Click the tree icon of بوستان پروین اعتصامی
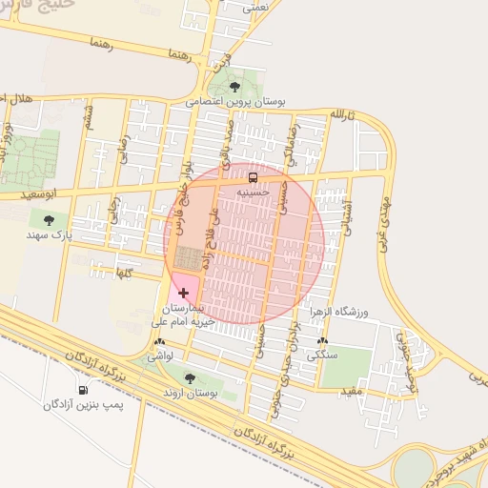235,87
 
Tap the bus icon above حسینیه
253,178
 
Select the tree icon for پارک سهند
49,219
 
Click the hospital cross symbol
183,293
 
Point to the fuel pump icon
83,390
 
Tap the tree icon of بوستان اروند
188,378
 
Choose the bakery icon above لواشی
159,341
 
